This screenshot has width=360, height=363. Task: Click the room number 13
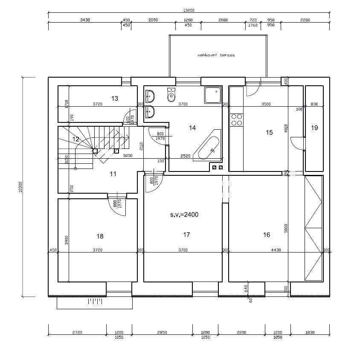point(114,99)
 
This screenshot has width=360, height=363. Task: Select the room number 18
point(100,236)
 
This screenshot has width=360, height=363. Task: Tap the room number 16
point(267,235)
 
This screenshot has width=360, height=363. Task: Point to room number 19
point(314,128)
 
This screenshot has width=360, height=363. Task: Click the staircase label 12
point(75,139)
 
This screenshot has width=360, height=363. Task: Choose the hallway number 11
point(113,174)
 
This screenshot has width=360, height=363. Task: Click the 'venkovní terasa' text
point(216,55)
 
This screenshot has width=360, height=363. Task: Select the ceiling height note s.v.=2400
point(184,215)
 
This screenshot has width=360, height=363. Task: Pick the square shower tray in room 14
point(212,96)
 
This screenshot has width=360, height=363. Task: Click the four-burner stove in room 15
point(236,120)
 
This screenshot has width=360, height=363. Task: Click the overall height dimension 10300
point(20,187)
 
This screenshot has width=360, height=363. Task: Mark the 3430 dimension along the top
point(84,20)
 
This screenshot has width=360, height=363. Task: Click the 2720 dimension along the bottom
point(77,332)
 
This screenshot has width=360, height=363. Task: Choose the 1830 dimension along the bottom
point(310,332)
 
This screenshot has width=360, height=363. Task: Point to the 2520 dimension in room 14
point(185,156)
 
